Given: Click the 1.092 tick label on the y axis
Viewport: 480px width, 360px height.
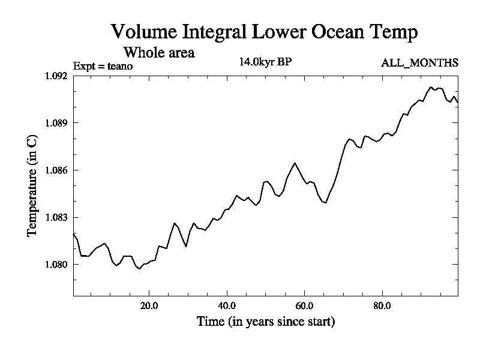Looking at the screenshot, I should [x=57, y=76].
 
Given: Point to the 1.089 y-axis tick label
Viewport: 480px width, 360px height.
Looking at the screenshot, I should [x=57, y=123].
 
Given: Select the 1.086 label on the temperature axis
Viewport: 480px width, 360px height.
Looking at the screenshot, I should [x=57, y=170].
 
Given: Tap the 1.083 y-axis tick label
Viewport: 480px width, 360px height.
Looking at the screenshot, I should [x=57, y=217].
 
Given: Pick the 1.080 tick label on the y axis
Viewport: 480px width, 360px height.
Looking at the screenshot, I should [x=57, y=265].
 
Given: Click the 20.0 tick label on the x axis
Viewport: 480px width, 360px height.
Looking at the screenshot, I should [x=149, y=305].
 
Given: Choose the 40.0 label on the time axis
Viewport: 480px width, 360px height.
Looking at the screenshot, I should [x=227, y=305].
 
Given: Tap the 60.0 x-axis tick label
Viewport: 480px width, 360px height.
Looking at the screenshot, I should [x=304, y=305].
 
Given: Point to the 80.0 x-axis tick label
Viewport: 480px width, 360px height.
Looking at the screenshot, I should [x=382, y=305].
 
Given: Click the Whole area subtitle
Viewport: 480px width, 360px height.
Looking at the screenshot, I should [x=159, y=52].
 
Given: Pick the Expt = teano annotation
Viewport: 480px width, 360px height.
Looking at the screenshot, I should [x=103, y=66].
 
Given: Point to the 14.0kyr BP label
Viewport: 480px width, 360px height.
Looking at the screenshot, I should [x=265, y=62].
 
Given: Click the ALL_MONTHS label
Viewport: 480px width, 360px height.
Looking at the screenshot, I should [x=419, y=62].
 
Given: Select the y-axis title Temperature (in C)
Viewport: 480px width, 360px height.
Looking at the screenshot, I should [x=33, y=185].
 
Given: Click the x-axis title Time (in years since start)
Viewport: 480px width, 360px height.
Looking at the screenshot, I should [x=266, y=322].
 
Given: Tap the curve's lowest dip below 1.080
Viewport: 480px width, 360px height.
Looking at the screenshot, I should [x=139, y=269].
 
